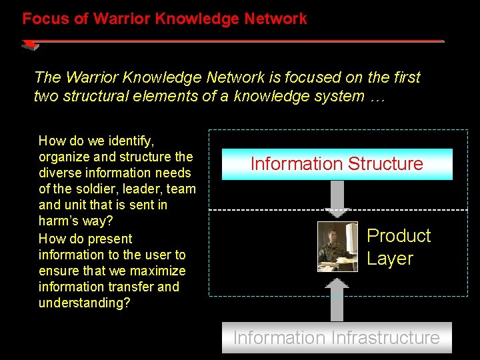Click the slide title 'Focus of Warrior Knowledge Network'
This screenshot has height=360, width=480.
[x=165, y=19]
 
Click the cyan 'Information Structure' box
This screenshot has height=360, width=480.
[x=337, y=164]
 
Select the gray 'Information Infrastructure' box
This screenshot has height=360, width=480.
[x=337, y=337]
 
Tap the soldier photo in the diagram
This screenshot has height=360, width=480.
[x=337, y=247]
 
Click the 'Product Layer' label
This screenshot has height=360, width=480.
[x=399, y=247]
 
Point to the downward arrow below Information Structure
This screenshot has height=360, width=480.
[x=337, y=199]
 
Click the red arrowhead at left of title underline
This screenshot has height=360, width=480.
[x=30, y=45]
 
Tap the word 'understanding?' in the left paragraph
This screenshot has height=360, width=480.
[x=85, y=303]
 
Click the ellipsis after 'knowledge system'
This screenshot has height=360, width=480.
[x=377, y=96]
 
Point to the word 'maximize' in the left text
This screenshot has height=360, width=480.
[x=160, y=271]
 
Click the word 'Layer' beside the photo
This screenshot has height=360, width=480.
[x=390, y=259]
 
